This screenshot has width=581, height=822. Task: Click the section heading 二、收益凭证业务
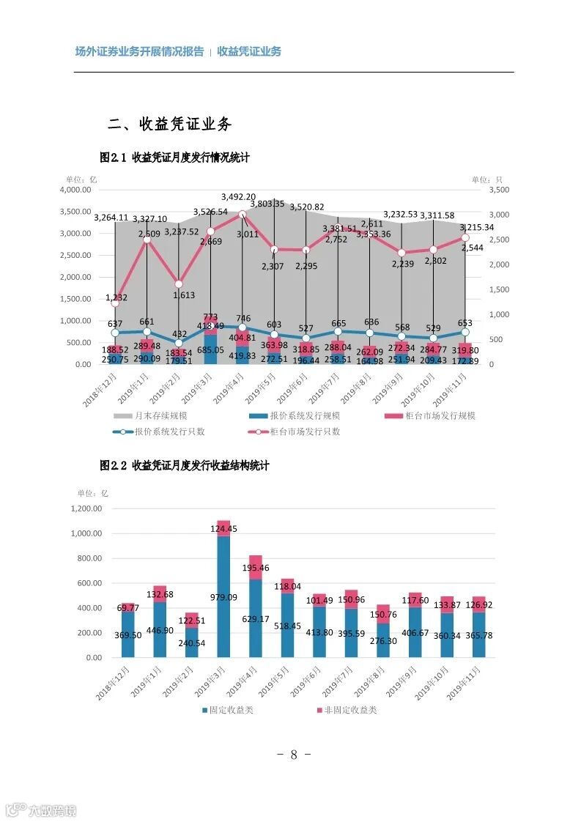tap(169, 124)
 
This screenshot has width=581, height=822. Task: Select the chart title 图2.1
tap(174, 158)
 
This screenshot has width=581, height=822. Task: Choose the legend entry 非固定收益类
tap(347, 710)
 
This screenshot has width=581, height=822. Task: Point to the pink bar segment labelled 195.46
tap(255, 568)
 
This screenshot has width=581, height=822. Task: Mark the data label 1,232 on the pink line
tap(116, 297)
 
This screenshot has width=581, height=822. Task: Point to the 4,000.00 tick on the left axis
tap(75, 190)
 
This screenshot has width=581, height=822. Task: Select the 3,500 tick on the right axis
tap(497, 190)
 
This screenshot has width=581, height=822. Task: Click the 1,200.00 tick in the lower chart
tap(86, 508)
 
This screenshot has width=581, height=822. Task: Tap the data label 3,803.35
tap(267, 204)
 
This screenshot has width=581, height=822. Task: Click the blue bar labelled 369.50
tap(128, 634)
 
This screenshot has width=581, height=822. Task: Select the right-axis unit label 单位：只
tap(486, 179)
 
